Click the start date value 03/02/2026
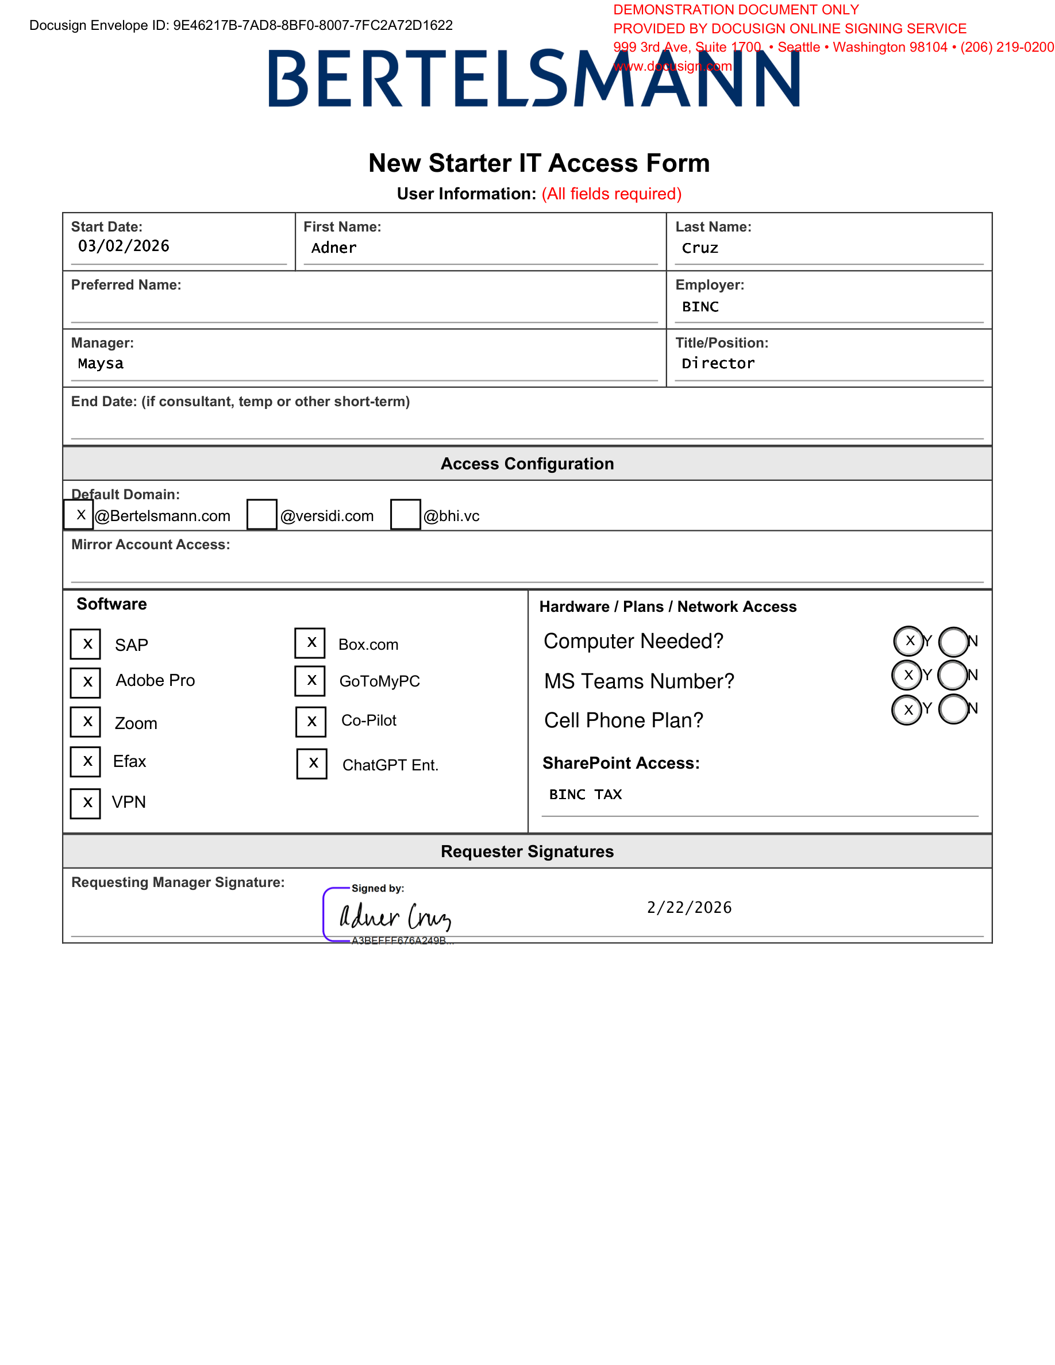tap(124, 246)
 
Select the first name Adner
tap(334, 248)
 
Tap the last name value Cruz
tap(700, 248)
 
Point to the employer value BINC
tap(700, 307)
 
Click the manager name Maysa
tap(101, 364)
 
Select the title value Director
tap(718, 364)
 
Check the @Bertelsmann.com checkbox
tap(79, 514)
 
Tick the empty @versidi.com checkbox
tap(262, 514)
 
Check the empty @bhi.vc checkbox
tap(406, 514)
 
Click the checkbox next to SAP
tap(86, 644)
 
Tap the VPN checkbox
tap(86, 803)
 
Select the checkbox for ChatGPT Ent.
tap(312, 764)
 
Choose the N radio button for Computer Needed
tap(954, 641)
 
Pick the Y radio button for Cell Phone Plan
tap(907, 710)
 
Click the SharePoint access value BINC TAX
tap(586, 795)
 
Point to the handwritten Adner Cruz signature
tap(395, 917)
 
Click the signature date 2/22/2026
tap(690, 908)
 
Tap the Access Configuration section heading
tap(527, 464)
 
